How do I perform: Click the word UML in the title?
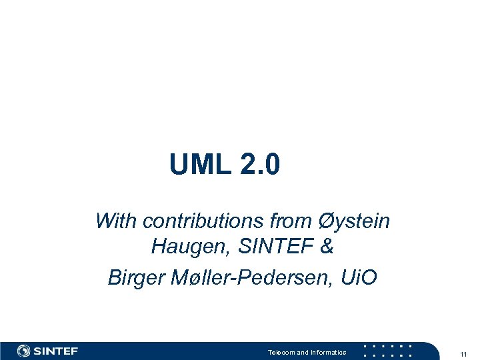197,164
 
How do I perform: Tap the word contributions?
198,221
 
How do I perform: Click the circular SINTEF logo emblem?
25,351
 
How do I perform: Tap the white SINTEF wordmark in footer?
56,351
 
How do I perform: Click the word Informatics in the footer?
327,353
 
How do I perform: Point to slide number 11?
463,353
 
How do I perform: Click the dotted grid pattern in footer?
387,351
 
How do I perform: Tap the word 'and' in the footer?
303,353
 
